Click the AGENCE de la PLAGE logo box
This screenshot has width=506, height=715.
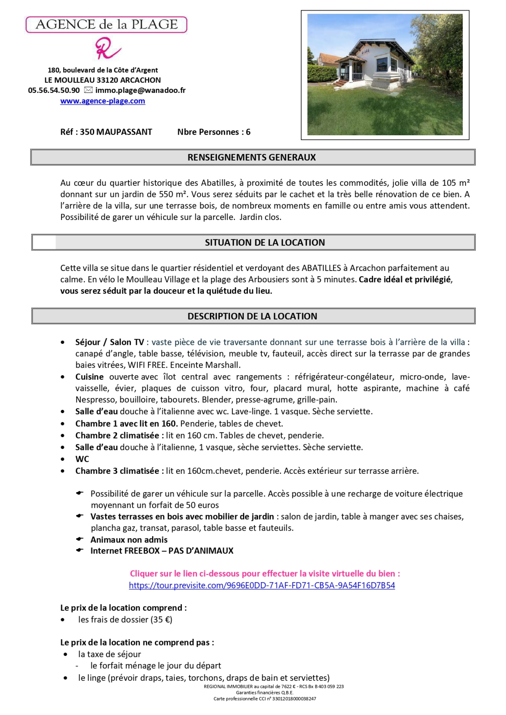[106, 25]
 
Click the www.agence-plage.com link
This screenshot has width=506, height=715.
[102, 101]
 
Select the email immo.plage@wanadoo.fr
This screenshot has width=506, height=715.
[140, 90]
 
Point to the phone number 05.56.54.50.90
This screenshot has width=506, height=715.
[54, 90]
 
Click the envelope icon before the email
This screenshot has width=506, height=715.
[88, 90]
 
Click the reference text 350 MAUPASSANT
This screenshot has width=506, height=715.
[116, 132]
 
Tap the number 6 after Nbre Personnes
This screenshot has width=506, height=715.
[248, 132]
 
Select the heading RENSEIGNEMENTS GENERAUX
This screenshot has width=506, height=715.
[251, 157]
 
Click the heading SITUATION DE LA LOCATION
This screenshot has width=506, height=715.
[265, 242]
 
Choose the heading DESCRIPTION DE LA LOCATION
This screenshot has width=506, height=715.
[252, 316]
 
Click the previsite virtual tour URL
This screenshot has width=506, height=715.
[262, 585]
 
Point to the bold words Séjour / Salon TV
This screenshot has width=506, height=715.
[109, 342]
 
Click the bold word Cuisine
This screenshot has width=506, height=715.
[89, 377]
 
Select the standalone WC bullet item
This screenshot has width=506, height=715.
[82, 459]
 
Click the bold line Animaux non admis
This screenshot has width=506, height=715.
[129, 540]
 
